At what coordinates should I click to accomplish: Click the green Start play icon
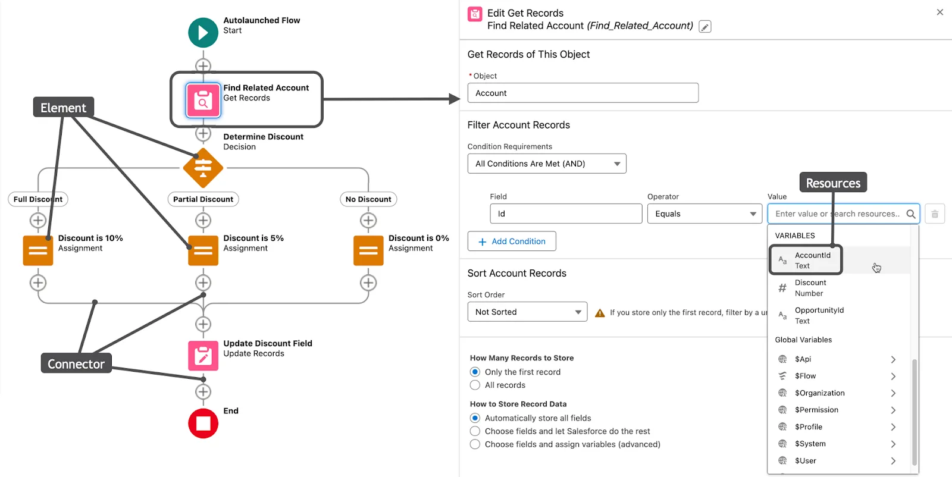203,33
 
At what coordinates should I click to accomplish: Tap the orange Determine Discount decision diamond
203,168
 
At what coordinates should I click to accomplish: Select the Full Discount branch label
38,199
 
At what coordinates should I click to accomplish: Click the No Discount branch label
368,199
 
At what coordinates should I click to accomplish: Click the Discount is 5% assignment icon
203,250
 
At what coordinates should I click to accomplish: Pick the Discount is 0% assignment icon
368,250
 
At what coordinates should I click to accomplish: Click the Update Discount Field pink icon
203,356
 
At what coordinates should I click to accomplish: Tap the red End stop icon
203,423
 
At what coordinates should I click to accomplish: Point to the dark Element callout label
63,108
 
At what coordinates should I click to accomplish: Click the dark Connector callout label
76,363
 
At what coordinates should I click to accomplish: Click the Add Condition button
512,241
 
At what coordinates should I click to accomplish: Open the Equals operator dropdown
704,214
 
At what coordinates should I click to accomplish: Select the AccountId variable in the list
812,260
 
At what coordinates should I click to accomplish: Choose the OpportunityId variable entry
819,315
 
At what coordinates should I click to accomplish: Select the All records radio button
475,385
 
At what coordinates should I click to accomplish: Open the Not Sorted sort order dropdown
527,312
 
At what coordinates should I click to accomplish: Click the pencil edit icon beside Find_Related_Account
704,27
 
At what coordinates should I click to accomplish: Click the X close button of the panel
940,12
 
